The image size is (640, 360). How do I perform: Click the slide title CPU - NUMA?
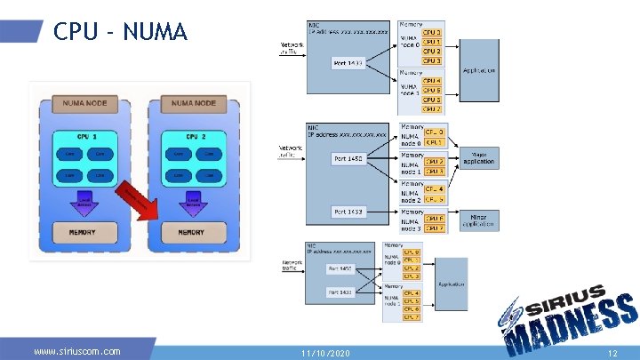point(120,32)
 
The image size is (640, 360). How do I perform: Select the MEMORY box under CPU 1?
point(81,233)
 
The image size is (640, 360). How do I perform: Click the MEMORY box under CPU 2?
point(191,233)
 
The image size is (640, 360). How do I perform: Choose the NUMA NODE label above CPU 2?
point(192,104)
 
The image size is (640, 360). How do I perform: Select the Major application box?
point(479,158)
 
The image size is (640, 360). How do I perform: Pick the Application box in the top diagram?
point(479,70)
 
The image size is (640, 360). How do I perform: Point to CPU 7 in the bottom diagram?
point(411,316)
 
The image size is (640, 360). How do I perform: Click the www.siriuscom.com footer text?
point(76,351)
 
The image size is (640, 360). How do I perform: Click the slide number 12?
point(612,353)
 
